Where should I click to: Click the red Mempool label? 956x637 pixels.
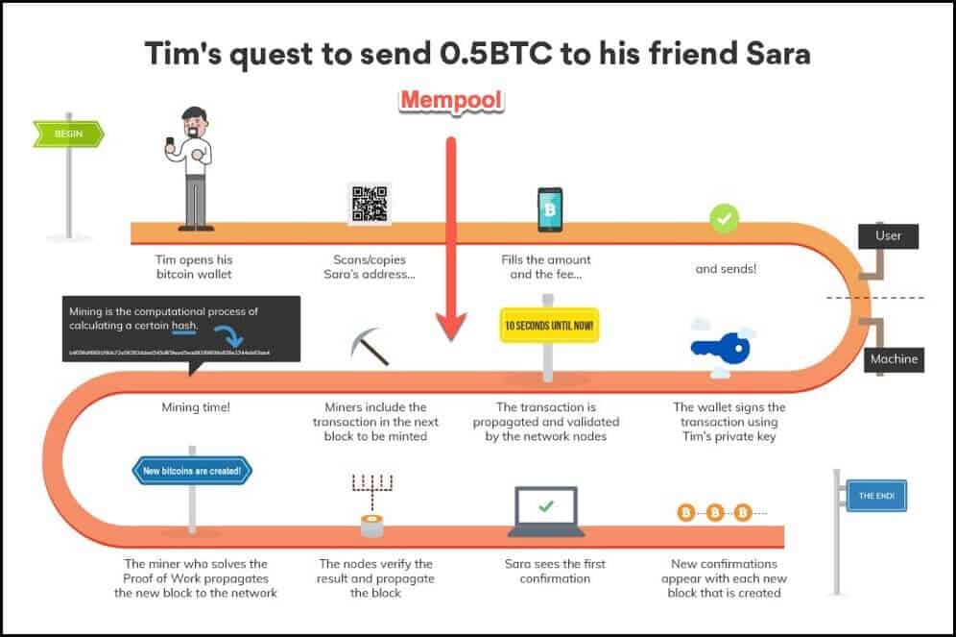[x=451, y=100]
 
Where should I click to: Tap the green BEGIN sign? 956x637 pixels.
[x=66, y=134]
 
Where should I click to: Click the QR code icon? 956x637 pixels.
[x=370, y=204]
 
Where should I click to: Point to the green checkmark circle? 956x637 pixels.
[x=724, y=218]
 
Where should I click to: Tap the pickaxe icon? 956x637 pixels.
[x=369, y=347]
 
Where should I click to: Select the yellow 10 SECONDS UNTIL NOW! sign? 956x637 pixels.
[x=548, y=326]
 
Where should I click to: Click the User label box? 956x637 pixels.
[x=888, y=234]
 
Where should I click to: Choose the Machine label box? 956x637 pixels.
[x=893, y=359]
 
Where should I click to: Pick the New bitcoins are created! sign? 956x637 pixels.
[x=192, y=471]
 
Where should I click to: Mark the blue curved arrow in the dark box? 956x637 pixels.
[x=228, y=335]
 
